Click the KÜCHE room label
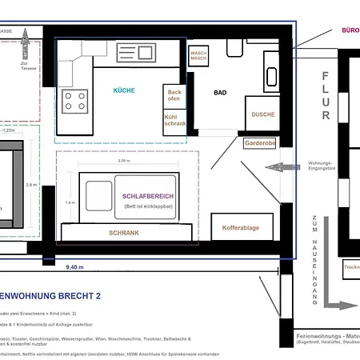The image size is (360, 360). coord(124,91)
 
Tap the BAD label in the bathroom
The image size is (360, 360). coord(220,93)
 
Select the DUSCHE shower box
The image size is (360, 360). coord(262,114)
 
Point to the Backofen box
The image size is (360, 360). coord(174,96)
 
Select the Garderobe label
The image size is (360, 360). coord(260,144)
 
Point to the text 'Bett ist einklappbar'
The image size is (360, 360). coord(148,206)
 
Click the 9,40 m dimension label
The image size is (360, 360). coord(76,267)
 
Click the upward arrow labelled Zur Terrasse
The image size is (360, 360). coord(24,41)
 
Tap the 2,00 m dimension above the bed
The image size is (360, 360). coord(123,161)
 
